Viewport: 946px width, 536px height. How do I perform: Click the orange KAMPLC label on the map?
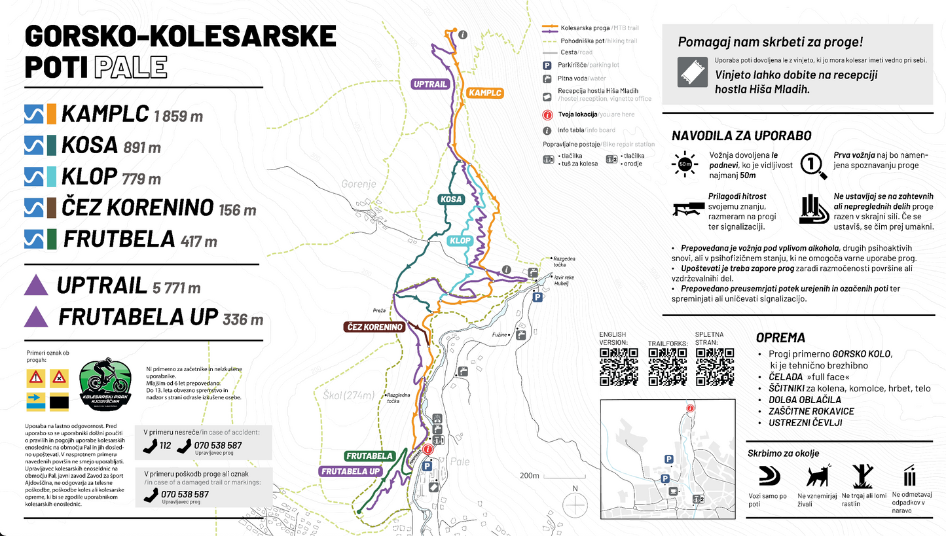click(x=485, y=93)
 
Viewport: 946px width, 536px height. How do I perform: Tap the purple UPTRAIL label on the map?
click(x=430, y=84)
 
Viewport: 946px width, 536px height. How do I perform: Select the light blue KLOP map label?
click(x=460, y=241)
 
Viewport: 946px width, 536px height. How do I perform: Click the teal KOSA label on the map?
click(x=451, y=199)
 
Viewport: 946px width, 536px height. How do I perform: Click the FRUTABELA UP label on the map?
click(x=350, y=471)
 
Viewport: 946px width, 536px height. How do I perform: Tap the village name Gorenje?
click(x=359, y=184)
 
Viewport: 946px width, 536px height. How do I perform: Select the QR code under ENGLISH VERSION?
click(x=619, y=367)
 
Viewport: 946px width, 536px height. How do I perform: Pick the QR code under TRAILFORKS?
click(x=667, y=367)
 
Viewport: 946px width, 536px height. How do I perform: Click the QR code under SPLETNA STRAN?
click(x=714, y=367)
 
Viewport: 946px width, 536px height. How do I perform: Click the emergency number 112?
click(x=165, y=445)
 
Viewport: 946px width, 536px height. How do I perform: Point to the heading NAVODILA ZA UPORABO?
click(x=742, y=136)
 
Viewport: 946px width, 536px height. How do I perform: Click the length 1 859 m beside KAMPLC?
click(x=178, y=117)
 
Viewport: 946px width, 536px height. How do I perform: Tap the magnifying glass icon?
click(x=813, y=165)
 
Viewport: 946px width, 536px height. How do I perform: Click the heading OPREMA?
click(x=780, y=338)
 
